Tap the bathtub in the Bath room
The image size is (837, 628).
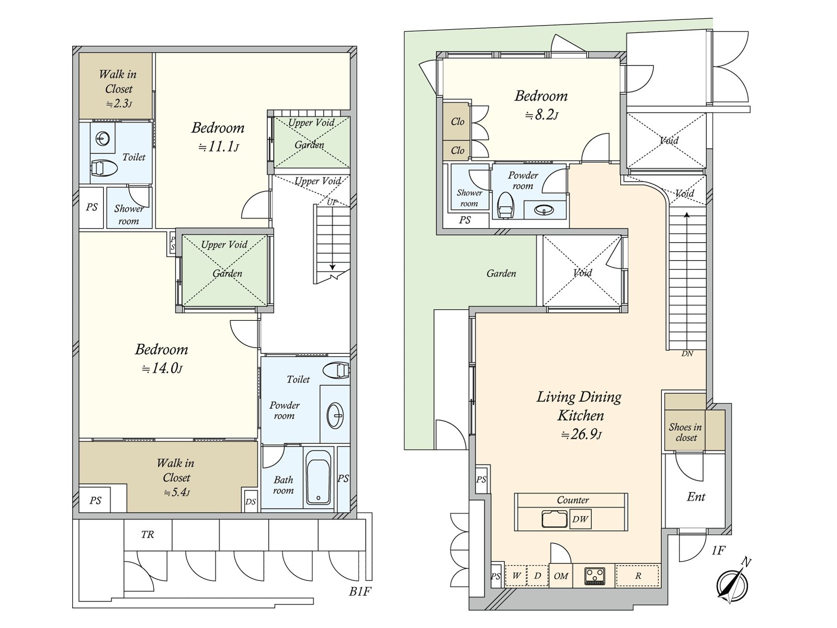pyautogui.click(x=318, y=477)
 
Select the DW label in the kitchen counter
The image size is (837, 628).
pyautogui.click(x=580, y=519)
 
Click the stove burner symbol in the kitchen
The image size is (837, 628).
pyautogui.click(x=594, y=576)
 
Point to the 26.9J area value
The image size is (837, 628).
pyautogui.click(x=581, y=434)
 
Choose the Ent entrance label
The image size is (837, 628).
pyautogui.click(x=696, y=497)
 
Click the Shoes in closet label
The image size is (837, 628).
pyautogui.click(x=685, y=432)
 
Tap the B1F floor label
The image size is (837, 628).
pyautogui.click(x=360, y=591)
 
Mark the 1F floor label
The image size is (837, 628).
pyautogui.click(x=718, y=550)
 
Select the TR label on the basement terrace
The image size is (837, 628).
pyautogui.click(x=148, y=534)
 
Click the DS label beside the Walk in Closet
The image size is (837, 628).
pyautogui.click(x=251, y=501)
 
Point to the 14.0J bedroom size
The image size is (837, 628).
pyautogui.click(x=162, y=368)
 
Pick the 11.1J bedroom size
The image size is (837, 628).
pyautogui.click(x=219, y=147)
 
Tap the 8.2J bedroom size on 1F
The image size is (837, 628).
pyautogui.click(x=541, y=115)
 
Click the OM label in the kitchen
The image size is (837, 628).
pyautogui.click(x=561, y=576)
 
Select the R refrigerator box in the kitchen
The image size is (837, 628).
pyautogui.click(x=638, y=576)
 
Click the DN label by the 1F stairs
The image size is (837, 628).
pyautogui.click(x=687, y=353)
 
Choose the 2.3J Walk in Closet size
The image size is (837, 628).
pyautogui.click(x=119, y=103)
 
